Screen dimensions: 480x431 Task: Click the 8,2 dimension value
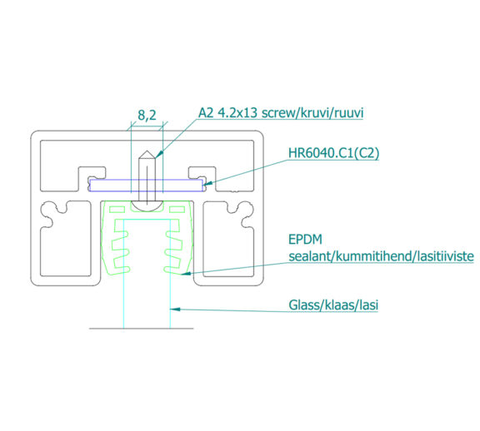coord(147,115)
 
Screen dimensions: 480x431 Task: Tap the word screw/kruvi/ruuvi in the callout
coord(312,113)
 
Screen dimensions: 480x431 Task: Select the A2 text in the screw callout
coord(206,113)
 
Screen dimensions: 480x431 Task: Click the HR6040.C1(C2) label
coord(333,153)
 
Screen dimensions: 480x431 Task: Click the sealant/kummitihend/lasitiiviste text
coord(381,256)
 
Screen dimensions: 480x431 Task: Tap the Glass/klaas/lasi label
coord(333,305)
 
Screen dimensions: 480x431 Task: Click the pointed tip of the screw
coord(147,151)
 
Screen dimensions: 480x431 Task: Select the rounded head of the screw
coord(147,206)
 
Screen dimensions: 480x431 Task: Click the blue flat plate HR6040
coord(146,186)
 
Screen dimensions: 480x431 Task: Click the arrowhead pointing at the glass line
coord(175,310)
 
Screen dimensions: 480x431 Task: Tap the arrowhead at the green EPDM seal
coord(186,273)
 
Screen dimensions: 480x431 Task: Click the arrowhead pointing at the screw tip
coord(159,155)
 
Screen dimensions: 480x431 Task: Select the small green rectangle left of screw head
coord(117,210)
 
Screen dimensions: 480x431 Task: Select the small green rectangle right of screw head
coord(177,210)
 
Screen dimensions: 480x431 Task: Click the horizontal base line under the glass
coord(142,329)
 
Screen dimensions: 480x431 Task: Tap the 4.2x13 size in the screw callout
coord(237,113)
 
